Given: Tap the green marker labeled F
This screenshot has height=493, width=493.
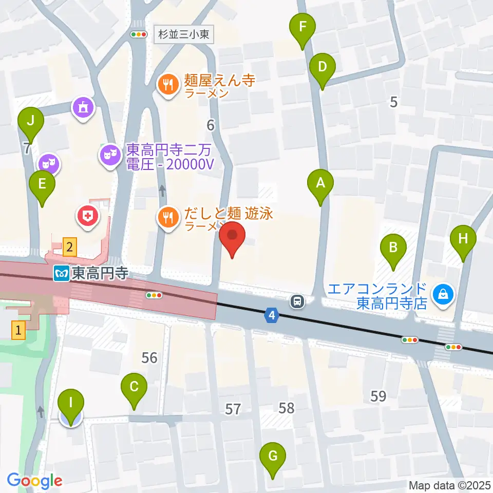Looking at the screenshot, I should coord(303,27).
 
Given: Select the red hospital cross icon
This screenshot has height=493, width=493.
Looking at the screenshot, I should coord(88,216).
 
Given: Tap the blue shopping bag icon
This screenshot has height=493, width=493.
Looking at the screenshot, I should coord(442,294).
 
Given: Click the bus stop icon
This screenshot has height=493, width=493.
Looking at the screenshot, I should coord(297,301).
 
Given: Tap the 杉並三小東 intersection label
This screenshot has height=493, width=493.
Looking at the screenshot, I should coord(183,35).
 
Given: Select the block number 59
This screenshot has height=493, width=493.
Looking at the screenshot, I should coord(378,396).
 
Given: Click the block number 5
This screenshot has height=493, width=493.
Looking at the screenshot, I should coord(393,102).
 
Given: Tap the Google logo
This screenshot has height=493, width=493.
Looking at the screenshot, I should coord(34,480).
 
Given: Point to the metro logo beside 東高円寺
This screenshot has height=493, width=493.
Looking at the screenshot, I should coord(61,274).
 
